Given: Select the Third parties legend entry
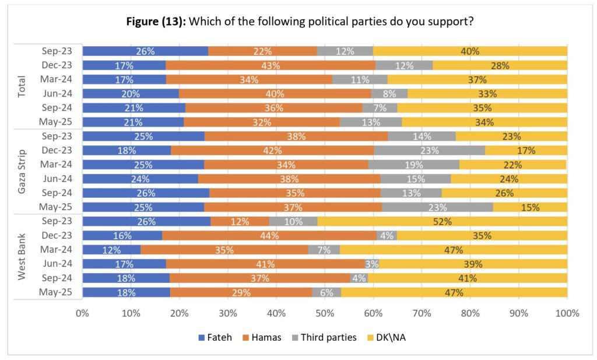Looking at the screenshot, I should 328,337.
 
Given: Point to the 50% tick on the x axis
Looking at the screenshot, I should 325,313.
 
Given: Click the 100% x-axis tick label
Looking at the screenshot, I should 567,313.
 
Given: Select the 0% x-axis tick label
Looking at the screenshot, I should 82,313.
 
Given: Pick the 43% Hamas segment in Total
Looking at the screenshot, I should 271,65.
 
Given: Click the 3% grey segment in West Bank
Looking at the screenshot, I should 372,264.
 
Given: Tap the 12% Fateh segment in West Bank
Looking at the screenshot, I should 111,250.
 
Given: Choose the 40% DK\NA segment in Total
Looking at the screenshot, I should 470,51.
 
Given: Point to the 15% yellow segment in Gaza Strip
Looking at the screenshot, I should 530,207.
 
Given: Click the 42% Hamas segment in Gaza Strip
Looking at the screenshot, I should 272,151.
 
